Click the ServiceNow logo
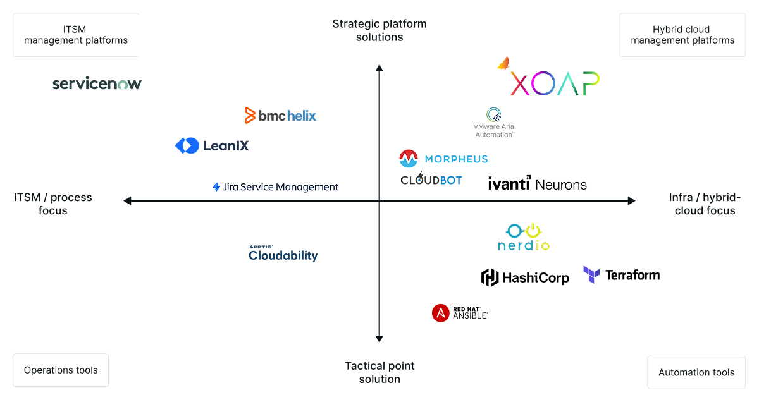pos(97,83)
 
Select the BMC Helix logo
pos(280,116)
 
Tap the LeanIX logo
pos(212,145)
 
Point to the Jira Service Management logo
pos(276,187)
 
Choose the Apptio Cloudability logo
pos(283,253)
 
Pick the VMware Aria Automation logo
pos(494,122)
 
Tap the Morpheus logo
pos(443,159)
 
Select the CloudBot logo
pos(431,180)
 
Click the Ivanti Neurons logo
pos(538,184)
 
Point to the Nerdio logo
pos(524,237)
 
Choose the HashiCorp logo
pos(525,277)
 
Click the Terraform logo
pos(621,275)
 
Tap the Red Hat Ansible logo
pos(460,313)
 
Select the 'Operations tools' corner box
pos(61,370)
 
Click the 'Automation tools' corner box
pos(696,372)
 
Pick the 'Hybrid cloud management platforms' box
pos(682,35)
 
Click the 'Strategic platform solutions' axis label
pos(379,30)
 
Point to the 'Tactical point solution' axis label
pos(379,372)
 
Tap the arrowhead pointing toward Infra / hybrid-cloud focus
pos(631,201)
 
